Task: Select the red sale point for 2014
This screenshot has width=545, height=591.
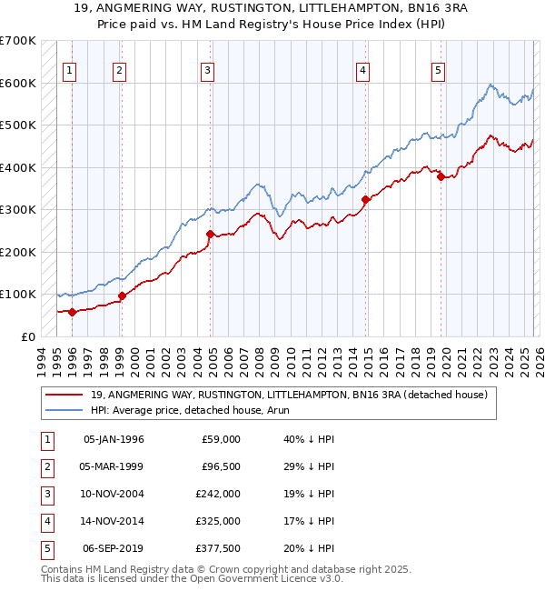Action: (x=365, y=199)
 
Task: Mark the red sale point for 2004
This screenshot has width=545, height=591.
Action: (x=210, y=234)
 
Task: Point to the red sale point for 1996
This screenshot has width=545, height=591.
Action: (x=72, y=311)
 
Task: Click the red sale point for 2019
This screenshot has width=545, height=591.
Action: (x=441, y=177)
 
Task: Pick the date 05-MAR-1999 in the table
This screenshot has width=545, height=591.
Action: (x=114, y=466)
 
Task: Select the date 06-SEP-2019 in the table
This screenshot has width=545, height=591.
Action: (x=114, y=548)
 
